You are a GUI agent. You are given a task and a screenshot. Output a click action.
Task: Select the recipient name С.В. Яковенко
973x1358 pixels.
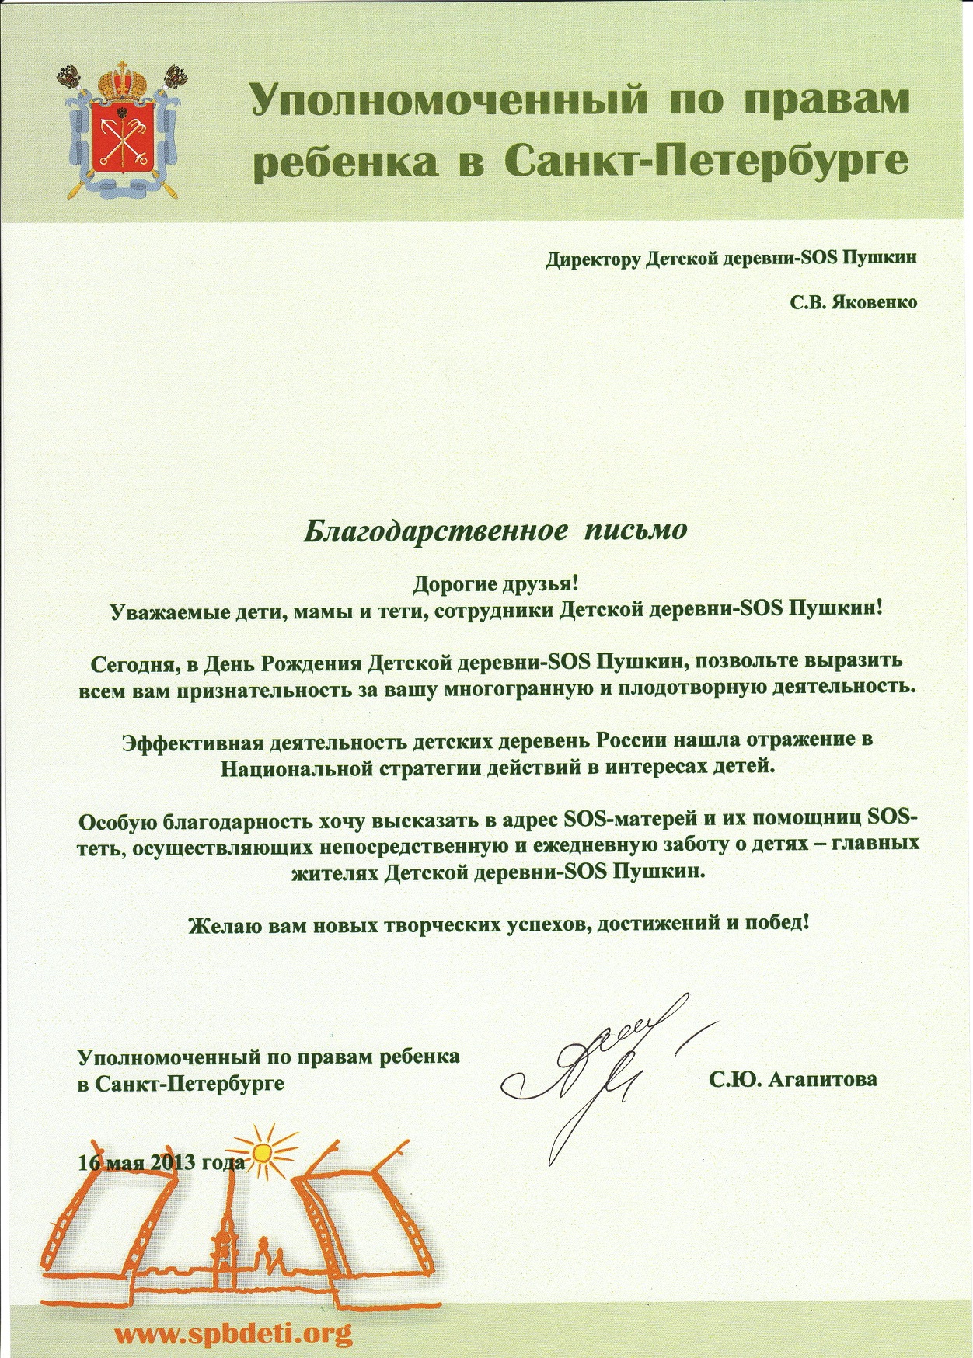tap(853, 302)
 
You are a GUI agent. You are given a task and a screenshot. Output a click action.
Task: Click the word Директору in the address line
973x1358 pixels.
tap(594, 259)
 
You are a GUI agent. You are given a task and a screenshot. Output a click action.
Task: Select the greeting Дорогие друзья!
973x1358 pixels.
tap(496, 583)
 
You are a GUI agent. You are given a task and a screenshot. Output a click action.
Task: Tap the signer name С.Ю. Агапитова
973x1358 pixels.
tap(793, 1078)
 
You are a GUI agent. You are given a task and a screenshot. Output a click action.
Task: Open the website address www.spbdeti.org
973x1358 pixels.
tap(234, 1334)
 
